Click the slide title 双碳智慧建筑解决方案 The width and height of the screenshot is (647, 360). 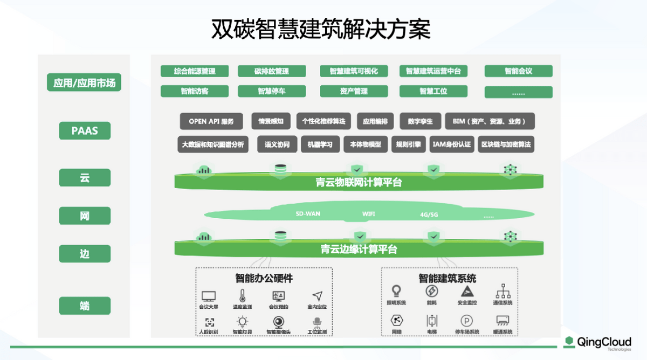coord(321,29)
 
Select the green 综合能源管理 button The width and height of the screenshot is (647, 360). coord(195,71)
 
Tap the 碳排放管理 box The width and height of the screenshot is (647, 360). coord(272,71)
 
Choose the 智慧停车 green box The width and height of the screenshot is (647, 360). coord(272,92)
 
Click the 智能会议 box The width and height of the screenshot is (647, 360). coord(518,71)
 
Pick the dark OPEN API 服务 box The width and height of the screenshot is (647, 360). coord(211,121)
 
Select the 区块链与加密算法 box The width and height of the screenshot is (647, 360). coord(506,144)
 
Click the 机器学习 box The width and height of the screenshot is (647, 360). coord(320,144)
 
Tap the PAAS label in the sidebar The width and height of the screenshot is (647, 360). coord(85,130)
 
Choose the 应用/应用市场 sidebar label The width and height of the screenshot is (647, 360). coord(84,83)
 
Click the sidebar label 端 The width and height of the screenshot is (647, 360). coord(85,306)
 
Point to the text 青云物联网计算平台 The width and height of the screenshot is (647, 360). coord(359,183)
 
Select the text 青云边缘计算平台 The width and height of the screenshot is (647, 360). coord(359,249)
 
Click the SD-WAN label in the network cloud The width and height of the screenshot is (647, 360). coord(308,214)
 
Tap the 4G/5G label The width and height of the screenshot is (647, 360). coord(429,214)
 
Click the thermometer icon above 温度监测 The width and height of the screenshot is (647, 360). coord(242,295)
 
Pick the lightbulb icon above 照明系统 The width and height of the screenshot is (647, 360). coord(396,290)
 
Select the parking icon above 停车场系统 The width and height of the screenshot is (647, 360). coord(467,320)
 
